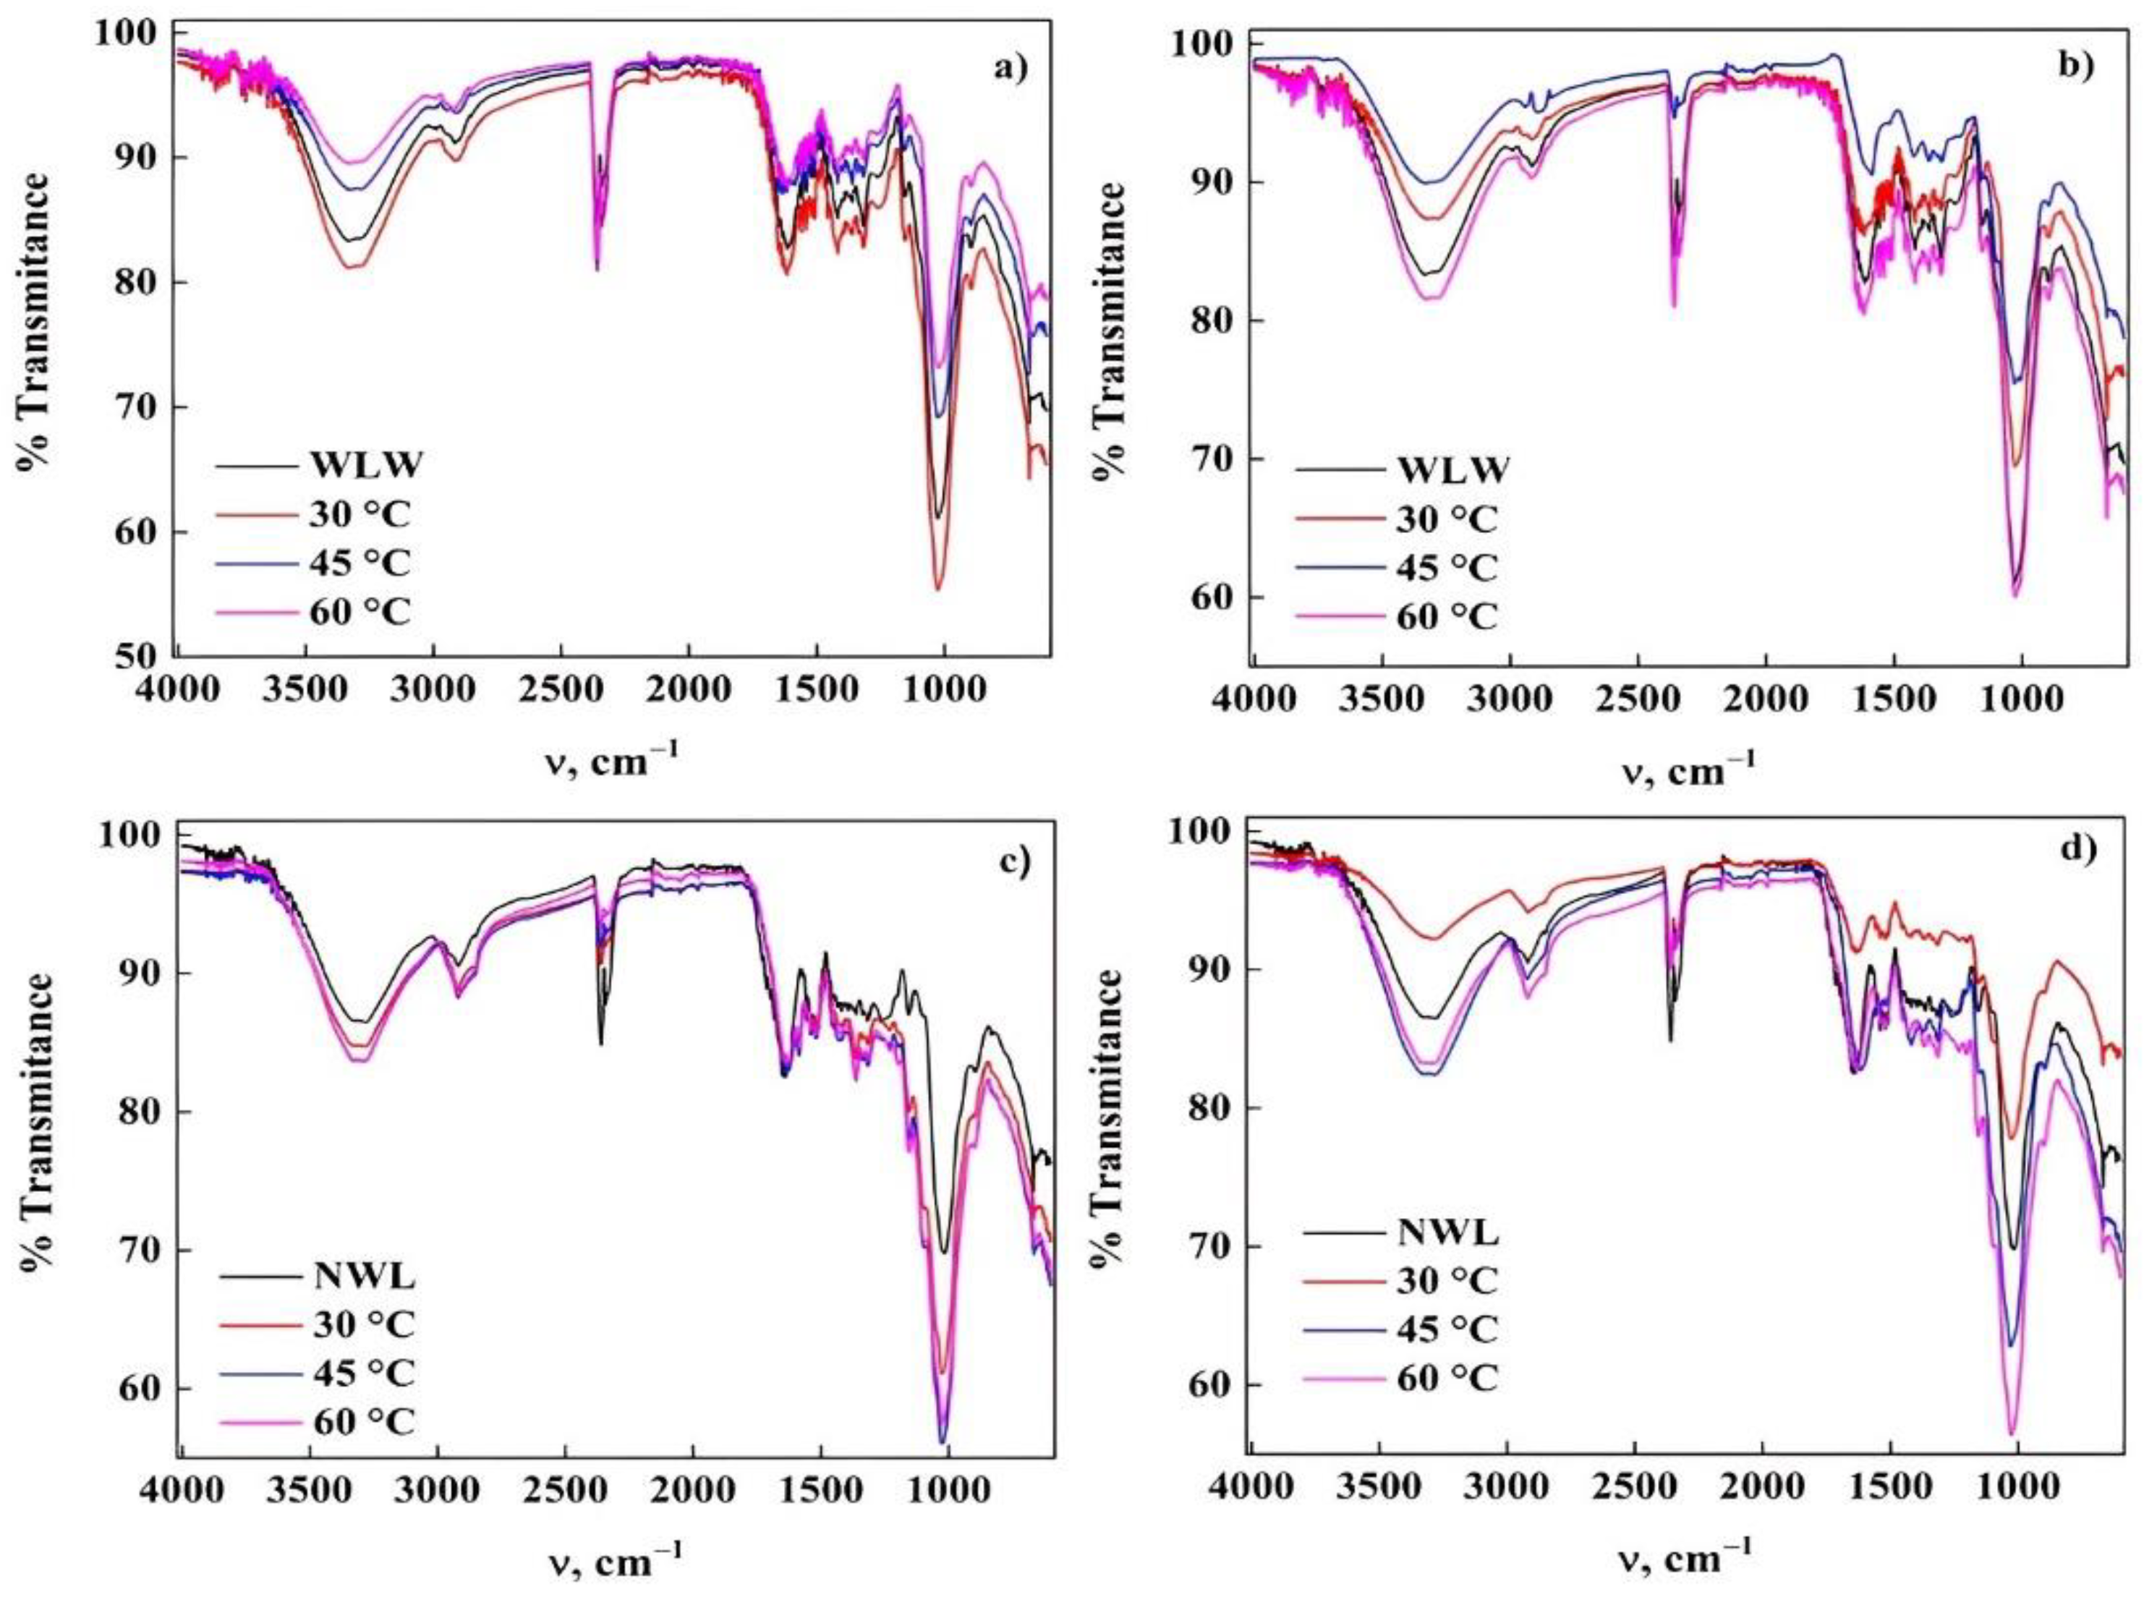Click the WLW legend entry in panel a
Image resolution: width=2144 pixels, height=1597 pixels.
point(366,465)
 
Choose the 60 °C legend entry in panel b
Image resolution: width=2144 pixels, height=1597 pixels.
point(1446,616)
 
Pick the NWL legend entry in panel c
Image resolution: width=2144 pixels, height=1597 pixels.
point(365,1277)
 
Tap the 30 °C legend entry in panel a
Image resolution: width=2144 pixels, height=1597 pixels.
point(360,514)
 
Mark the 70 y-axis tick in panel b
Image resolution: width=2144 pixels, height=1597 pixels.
point(1212,459)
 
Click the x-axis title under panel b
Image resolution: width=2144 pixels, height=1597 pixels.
point(1687,770)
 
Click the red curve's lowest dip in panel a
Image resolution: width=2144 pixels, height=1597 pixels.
point(937,589)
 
